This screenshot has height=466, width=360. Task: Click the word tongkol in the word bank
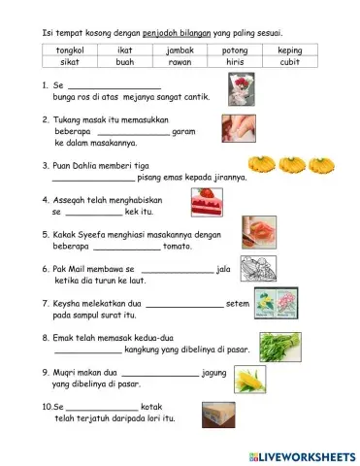[70, 49]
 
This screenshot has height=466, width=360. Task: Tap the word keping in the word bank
[289, 49]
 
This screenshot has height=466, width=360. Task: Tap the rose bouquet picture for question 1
[241, 90]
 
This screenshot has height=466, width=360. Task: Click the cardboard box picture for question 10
[218, 414]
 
